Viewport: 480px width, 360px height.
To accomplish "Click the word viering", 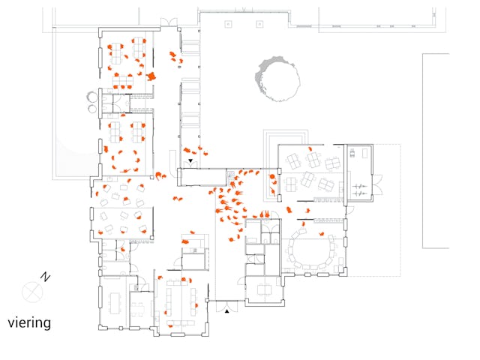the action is pyautogui.click(x=29, y=323).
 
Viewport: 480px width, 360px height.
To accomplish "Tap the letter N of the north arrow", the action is pyautogui.click(x=45, y=277).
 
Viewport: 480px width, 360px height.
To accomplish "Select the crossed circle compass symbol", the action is pyautogui.click(x=32, y=292).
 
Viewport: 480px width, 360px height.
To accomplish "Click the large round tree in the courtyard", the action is pyautogui.click(x=277, y=79).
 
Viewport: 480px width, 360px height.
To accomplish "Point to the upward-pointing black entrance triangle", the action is pyautogui.click(x=226, y=311).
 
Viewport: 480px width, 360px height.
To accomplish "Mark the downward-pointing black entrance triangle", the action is pyautogui.click(x=190, y=160).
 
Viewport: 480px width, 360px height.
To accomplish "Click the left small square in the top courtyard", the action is pyautogui.click(x=228, y=24).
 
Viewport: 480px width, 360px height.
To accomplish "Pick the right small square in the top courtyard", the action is pyautogui.click(x=259, y=24).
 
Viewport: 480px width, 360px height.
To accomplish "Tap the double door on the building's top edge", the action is pyautogui.click(x=169, y=22).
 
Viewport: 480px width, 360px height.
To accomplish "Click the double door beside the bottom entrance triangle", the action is pyautogui.click(x=226, y=306).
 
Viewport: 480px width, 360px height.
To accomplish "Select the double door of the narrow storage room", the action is pyautogui.click(x=377, y=184).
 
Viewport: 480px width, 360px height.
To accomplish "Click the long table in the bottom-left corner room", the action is pyautogui.click(x=115, y=303).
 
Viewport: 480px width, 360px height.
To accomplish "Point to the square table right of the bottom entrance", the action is pyautogui.click(x=264, y=289).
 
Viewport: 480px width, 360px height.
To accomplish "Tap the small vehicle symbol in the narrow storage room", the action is pyautogui.click(x=352, y=153).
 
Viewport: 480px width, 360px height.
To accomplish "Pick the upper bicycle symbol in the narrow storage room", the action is pyautogui.click(x=359, y=186).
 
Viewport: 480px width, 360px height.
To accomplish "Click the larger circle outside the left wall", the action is pyautogui.click(x=91, y=97).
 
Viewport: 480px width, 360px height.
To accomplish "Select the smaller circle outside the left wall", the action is pyautogui.click(x=92, y=109).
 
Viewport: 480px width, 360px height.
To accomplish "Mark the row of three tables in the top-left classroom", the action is pyautogui.click(x=123, y=81).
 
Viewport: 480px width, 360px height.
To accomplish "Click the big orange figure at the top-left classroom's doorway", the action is pyautogui.click(x=151, y=76).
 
